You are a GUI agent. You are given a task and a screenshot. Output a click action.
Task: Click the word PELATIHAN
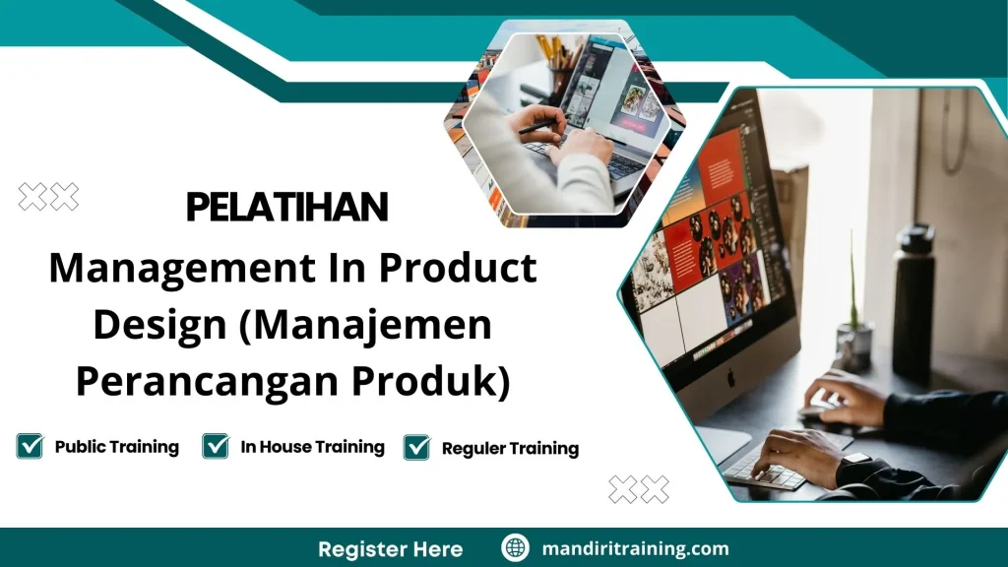coord(286,208)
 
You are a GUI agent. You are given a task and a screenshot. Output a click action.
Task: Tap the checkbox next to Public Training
coord(30,446)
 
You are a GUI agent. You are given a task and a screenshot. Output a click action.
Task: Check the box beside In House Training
coord(216,446)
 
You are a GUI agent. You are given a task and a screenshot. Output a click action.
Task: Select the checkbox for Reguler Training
coord(417,447)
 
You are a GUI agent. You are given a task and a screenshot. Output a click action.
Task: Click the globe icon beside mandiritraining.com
coord(515,547)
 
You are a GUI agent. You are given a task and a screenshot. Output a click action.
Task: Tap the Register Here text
coord(390,548)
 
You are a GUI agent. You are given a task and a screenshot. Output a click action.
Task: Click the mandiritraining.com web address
coord(636,548)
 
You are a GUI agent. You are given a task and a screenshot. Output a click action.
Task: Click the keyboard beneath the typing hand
coord(763,472)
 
